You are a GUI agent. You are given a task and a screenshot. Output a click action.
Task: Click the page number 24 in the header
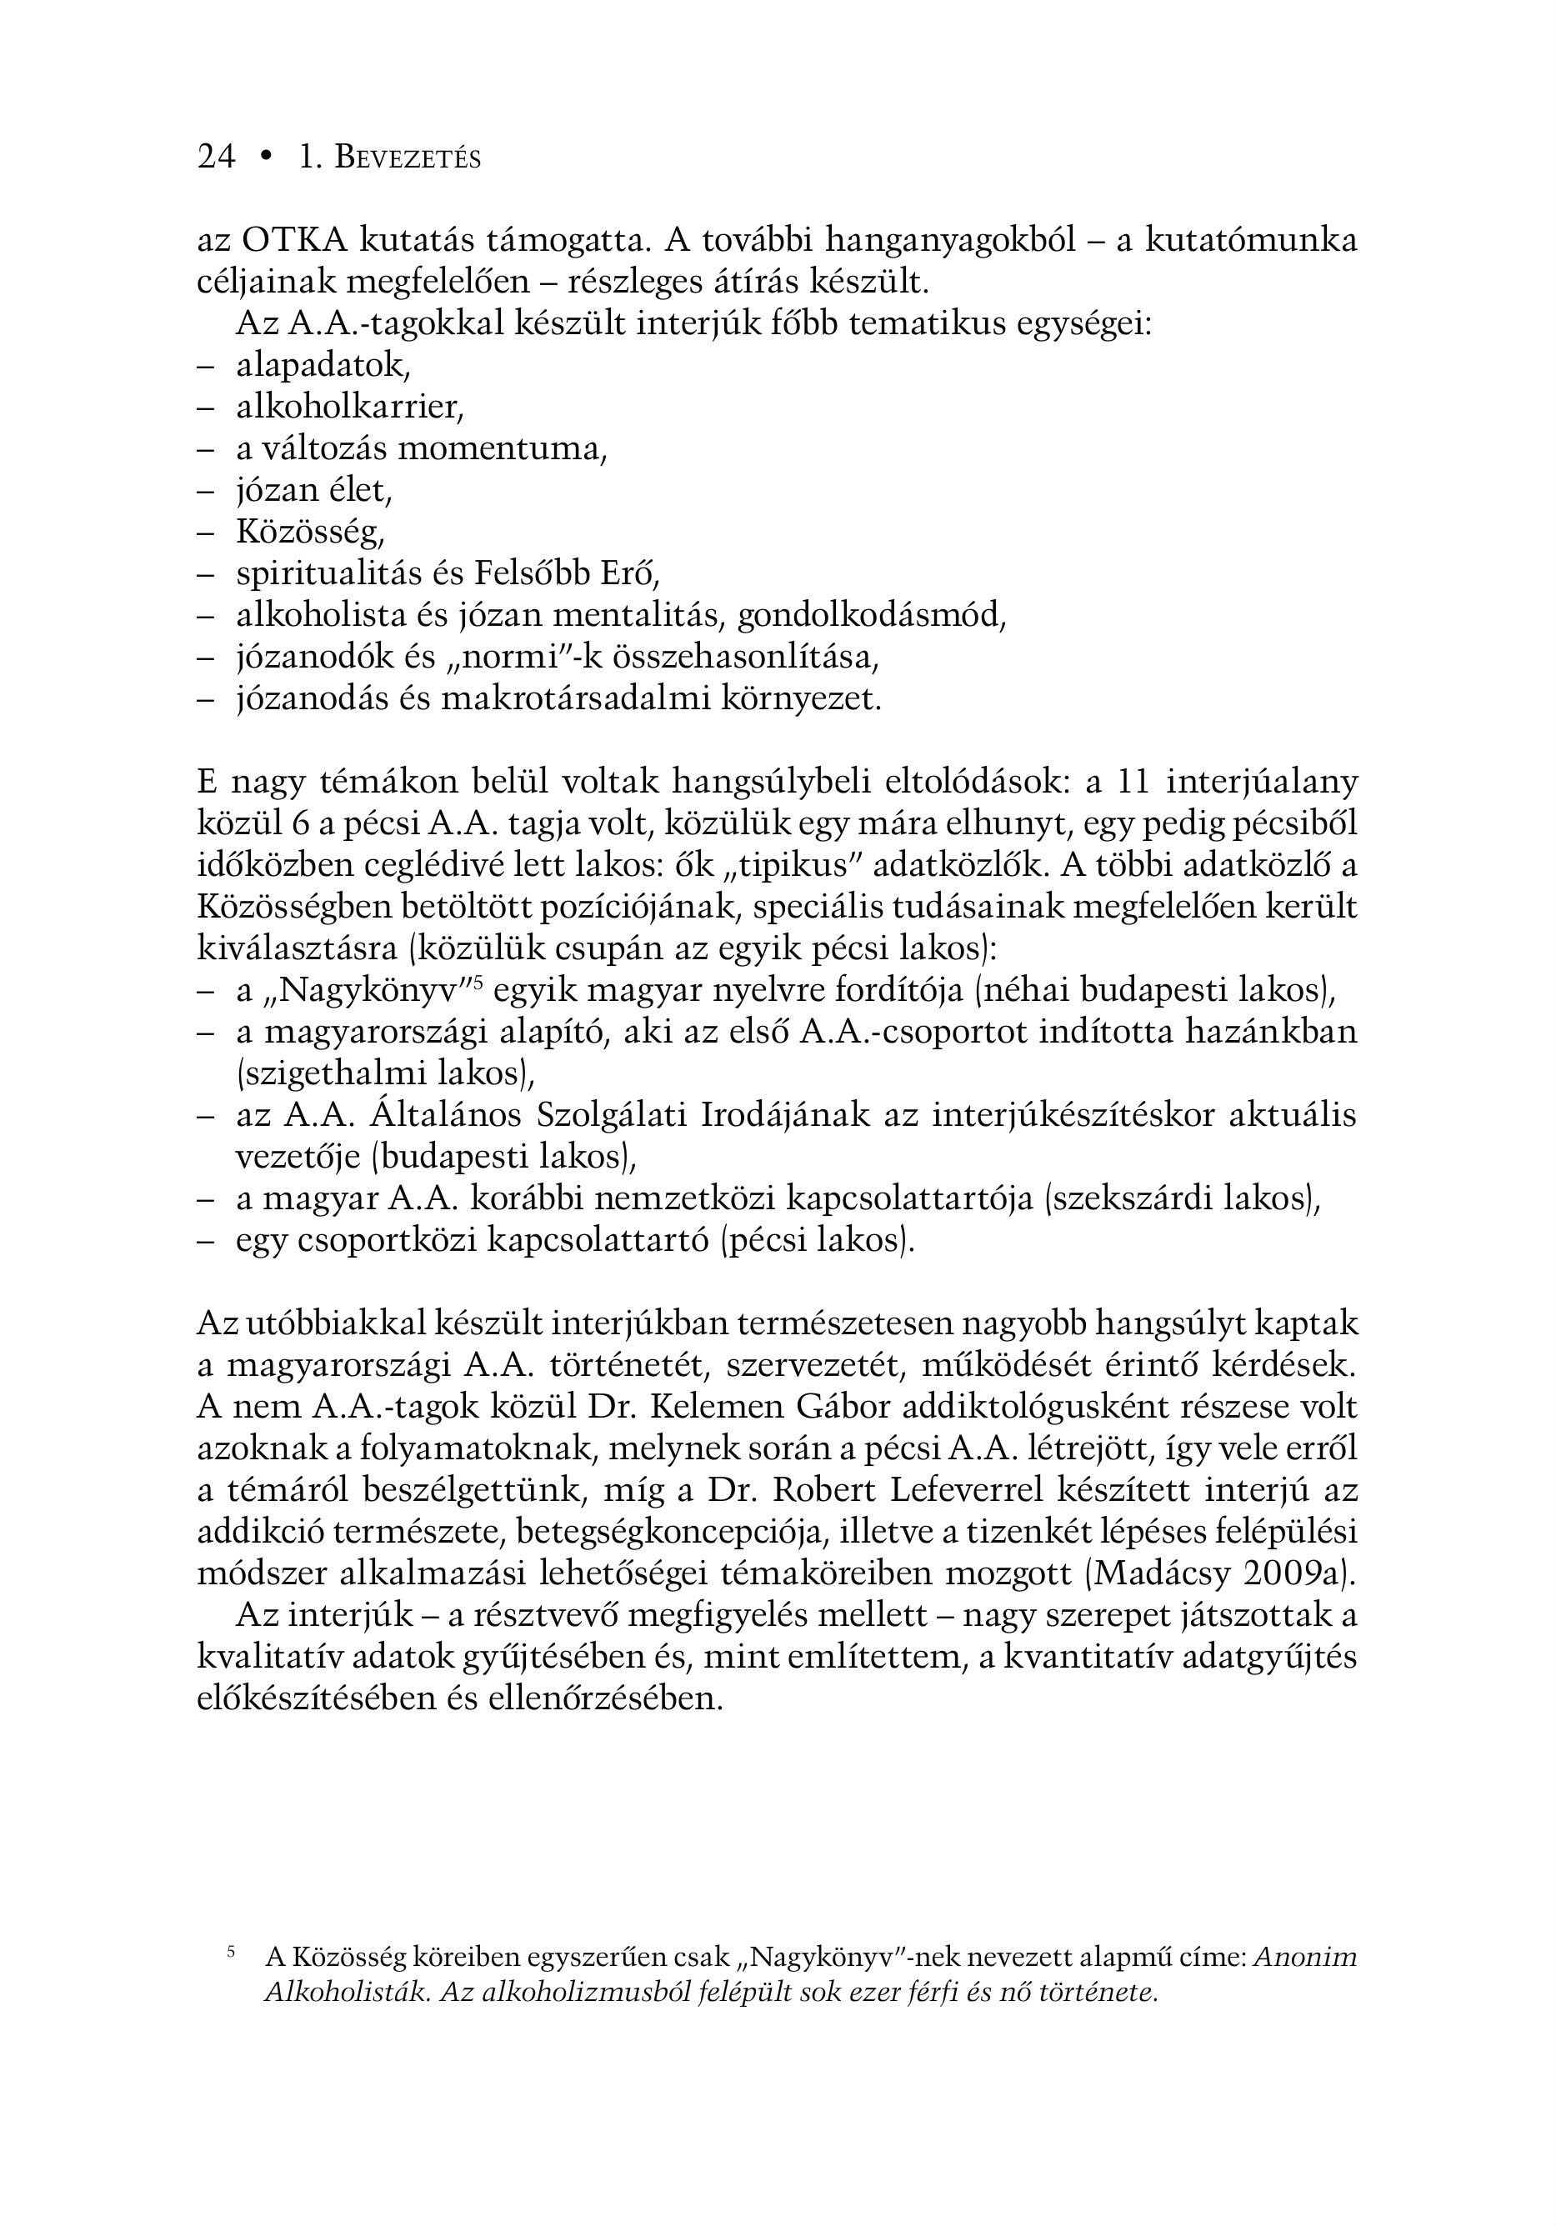(216, 157)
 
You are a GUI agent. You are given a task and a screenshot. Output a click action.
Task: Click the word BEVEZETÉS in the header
(408, 158)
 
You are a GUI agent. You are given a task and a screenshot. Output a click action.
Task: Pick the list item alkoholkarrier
(350, 408)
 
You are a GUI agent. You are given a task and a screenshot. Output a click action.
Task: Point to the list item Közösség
(310, 532)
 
